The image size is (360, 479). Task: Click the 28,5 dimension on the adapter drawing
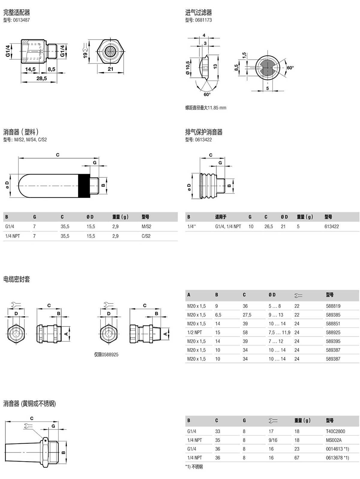[41, 78]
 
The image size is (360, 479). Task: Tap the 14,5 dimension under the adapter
[30, 70]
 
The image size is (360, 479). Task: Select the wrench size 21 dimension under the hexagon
[110, 69]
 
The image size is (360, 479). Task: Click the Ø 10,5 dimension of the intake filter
[188, 68]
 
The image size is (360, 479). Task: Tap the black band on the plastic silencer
[84, 186]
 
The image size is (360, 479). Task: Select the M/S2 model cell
[146, 227]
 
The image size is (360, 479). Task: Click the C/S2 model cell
[146, 236]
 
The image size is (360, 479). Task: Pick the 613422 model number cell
[331, 227]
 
